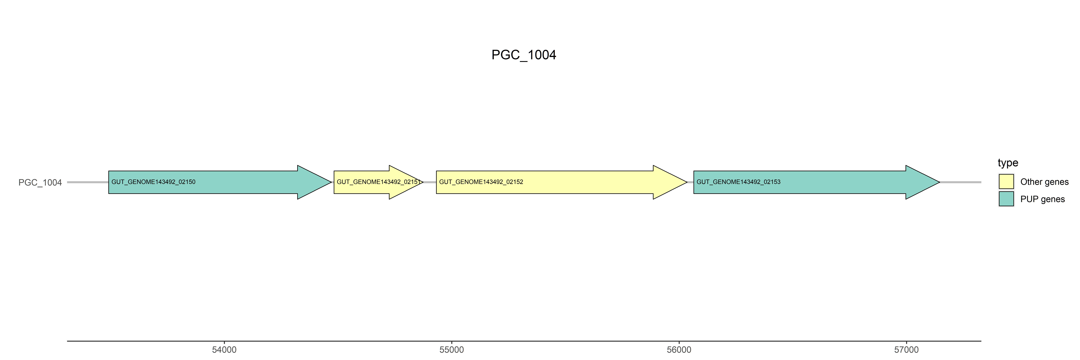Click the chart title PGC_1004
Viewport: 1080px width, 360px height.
click(x=524, y=55)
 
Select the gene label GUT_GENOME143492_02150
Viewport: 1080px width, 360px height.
click(x=153, y=182)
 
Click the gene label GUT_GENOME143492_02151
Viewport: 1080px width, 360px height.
click(x=378, y=182)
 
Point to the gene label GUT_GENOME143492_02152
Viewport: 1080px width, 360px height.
click(x=481, y=182)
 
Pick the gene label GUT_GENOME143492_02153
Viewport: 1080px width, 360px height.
click(x=738, y=182)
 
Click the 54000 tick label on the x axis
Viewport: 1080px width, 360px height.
click(x=224, y=350)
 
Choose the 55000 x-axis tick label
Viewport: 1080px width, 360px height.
click(x=452, y=350)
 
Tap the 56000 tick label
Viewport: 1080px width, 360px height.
click(x=679, y=350)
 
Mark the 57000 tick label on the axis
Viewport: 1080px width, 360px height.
click(x=906, y=350)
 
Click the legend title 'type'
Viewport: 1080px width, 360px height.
click(x=1008, y=163)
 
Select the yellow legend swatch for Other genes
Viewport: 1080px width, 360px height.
click(x=1006, y=181)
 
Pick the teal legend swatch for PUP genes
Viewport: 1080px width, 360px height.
click(x=1006, y=199)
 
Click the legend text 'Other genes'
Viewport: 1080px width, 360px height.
click(x=1044, y=182)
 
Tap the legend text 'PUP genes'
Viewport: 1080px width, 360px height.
click(x=1042, y=199)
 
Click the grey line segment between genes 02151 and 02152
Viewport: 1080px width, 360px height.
click(x=430, y=182)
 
